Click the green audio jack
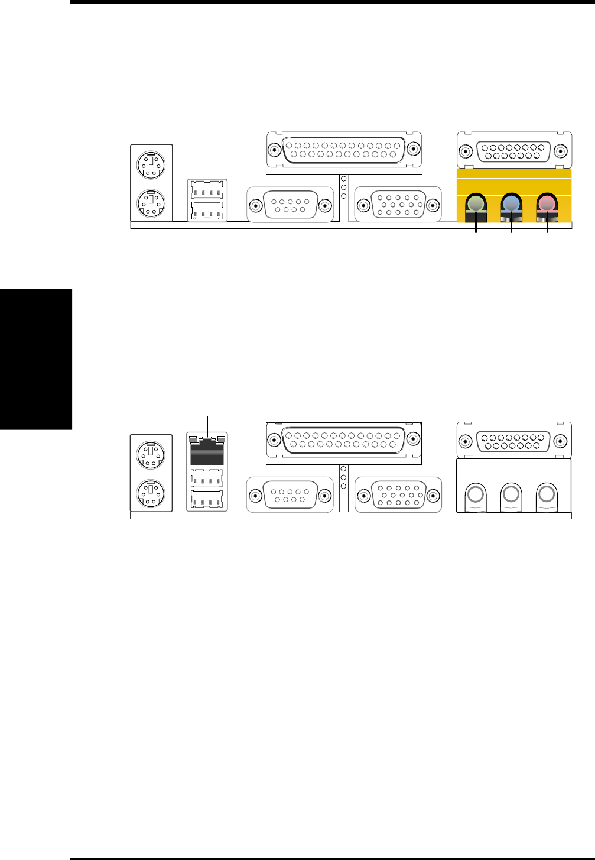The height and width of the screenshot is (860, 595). [x=476, y=205]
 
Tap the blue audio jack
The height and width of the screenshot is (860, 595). [x=511, y=205]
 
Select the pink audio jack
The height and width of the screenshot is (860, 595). [x=547, y=205]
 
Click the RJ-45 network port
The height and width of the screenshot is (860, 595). [x=207, y=451]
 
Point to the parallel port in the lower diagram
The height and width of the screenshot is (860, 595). [x=344, y=440]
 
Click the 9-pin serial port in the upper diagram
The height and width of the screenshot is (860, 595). [x=290, y=205]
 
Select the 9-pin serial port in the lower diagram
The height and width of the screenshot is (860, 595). [x=290, y=495]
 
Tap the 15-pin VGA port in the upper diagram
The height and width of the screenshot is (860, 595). [x=398, y=205]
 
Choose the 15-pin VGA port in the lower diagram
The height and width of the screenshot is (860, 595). [x=398, y=495]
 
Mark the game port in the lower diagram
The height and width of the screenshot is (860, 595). [x=513, y=440]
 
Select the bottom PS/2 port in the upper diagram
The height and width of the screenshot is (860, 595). [x=151, y=204]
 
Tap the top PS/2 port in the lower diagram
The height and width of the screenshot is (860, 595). [x=151, y=455]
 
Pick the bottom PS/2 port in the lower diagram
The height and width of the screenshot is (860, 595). [x=151, y=494]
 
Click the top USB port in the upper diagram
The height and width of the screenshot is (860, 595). [x=207, y=190]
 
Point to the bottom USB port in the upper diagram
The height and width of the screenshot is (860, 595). [x=207, y=211]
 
